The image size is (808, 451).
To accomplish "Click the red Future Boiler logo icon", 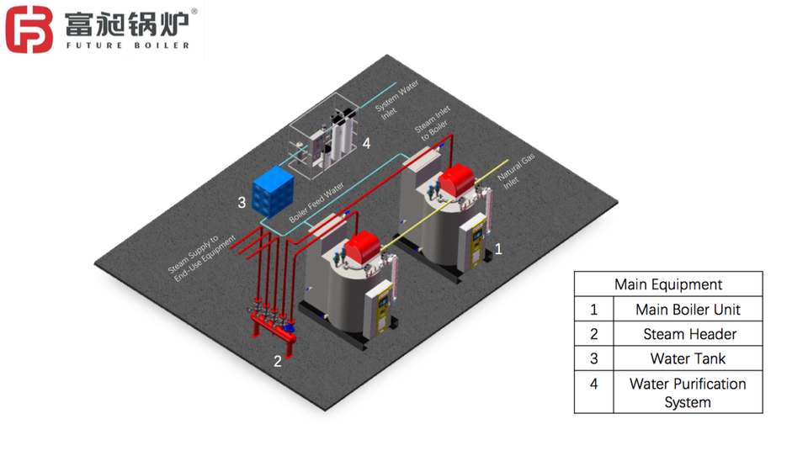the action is point(29,29).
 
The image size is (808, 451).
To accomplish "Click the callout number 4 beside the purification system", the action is point(366,143).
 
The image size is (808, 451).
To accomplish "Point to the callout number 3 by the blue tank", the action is point(242,203).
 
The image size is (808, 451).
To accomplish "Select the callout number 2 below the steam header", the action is point(278,361).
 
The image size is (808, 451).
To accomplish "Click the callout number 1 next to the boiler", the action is point(498,249).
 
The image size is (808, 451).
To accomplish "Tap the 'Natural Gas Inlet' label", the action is point(515,171).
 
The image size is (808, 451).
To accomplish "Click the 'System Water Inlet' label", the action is point(396,99).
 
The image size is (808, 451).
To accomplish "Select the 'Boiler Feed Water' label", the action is point(316,202).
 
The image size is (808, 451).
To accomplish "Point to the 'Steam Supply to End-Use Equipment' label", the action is point(201,257).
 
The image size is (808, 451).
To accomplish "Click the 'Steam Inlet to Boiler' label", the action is point(433,123).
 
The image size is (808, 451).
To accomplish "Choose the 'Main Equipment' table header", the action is point(668,284).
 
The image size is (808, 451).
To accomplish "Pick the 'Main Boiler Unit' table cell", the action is point(688,310).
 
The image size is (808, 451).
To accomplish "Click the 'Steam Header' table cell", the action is point(689,334).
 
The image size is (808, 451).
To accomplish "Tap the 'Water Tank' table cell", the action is point(688,358).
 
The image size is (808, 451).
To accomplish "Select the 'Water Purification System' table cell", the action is point(688,393).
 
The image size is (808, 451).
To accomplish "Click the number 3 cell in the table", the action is point(594,358).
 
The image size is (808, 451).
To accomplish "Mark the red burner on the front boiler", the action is point(362,247).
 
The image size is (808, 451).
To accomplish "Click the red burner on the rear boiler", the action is point(456,180).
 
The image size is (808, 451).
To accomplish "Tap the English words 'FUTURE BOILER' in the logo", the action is point(128,45).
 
